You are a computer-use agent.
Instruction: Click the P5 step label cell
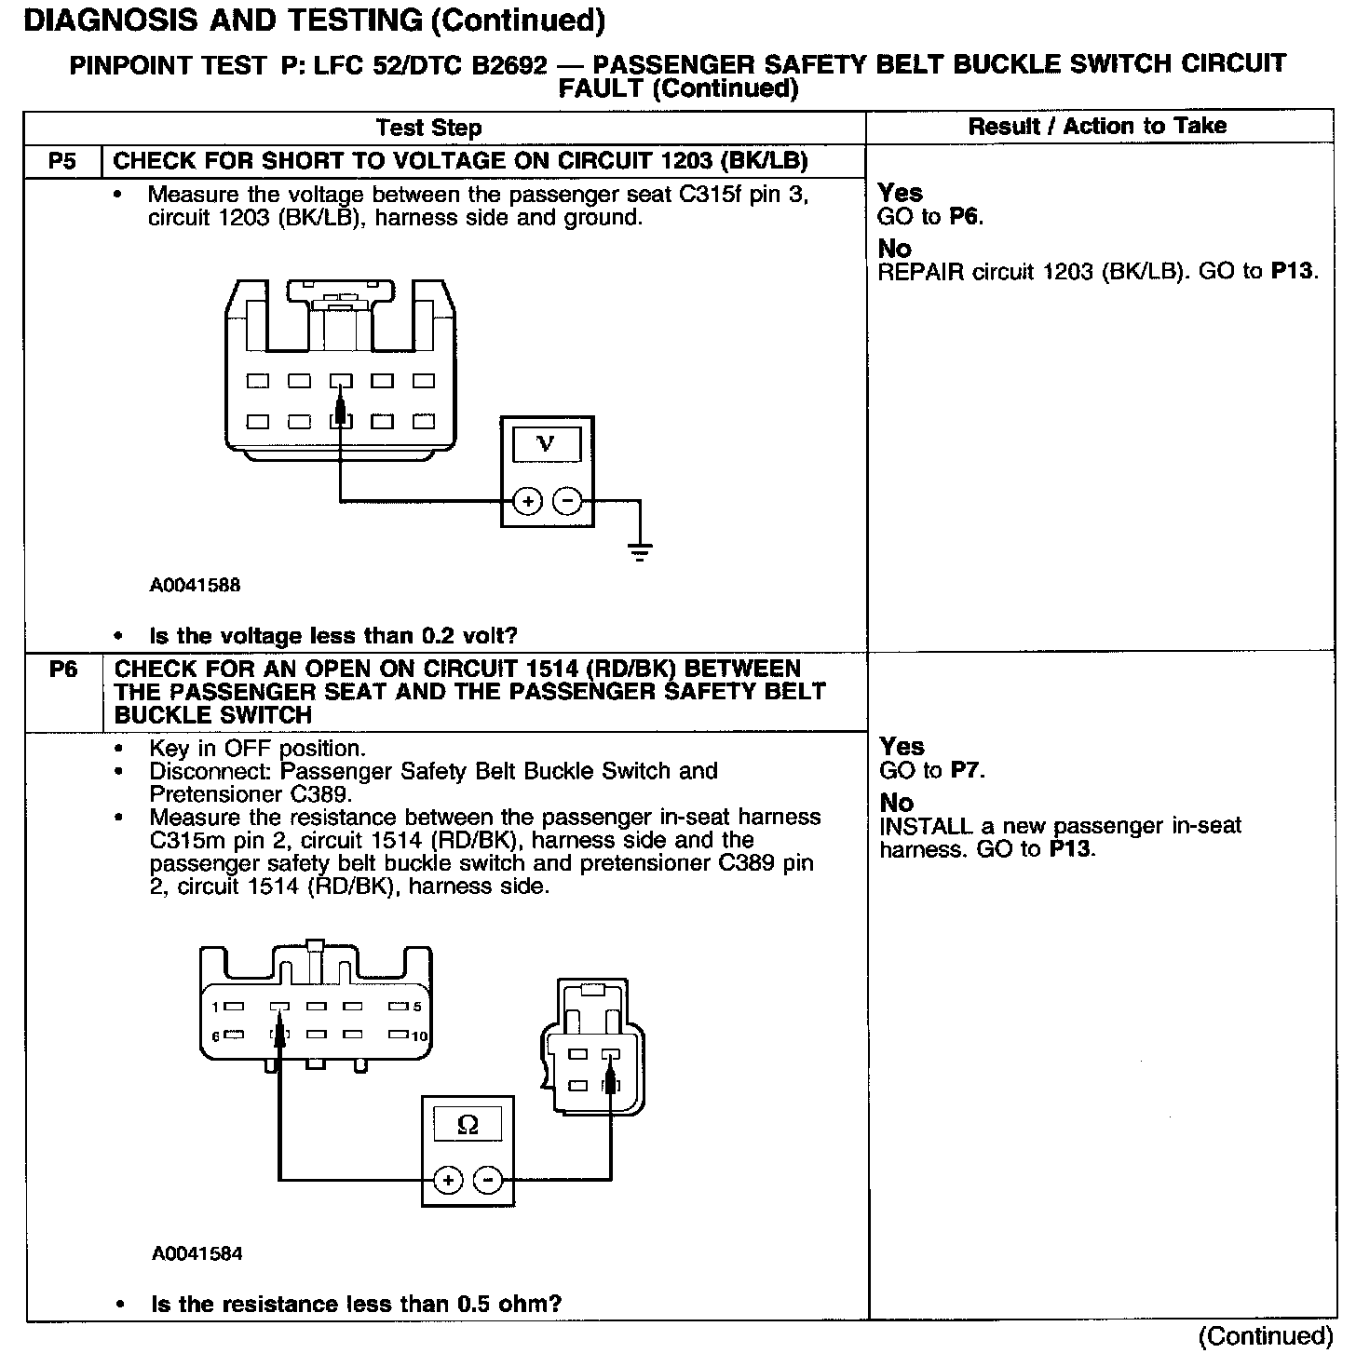[x=61, y=161]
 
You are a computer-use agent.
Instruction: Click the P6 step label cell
[x=62, y=670]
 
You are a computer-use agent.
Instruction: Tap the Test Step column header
[x=428, y=128]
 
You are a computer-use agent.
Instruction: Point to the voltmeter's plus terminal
[x=527, y=502]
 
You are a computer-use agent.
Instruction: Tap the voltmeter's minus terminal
[x=567, y=502]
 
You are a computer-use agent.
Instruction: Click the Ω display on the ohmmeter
[x=468, y=1125]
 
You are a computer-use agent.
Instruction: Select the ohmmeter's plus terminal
[x=448, y=1181]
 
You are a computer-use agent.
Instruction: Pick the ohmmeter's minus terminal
[x=488, y=1181]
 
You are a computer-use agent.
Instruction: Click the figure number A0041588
[x=195, y=586]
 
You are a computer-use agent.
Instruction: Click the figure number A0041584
[x=197, y=1253]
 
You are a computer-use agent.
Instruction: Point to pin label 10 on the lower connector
[x=420, y=1036]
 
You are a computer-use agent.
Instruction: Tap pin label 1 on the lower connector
[x=214, y=1007]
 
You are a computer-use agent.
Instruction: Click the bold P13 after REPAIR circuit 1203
[x=1293, y=272]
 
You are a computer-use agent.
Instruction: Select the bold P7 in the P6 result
[x=967, y=771]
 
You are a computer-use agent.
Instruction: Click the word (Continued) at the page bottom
[x=1265, y=1337]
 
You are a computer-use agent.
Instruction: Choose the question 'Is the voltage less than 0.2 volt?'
[x=332, y=636]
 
